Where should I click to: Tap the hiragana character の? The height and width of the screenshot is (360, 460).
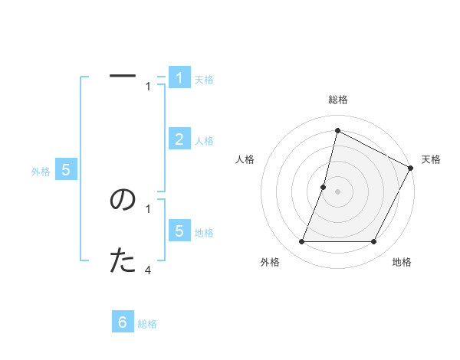pyautogui.click(x=123, y=200)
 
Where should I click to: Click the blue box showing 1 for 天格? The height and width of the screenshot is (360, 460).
pyautogui.click(x=179, y=77)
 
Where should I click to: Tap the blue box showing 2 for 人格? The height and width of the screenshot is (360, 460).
pyautogui.click(x=179, y=139)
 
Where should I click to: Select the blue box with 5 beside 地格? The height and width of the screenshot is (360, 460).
pyautogui.click(x=179, y=231)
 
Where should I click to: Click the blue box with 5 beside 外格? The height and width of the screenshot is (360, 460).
pyautogui.click(x=66, y=170)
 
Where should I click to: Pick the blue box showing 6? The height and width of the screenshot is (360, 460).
pyautogui.click(x=123, y=322)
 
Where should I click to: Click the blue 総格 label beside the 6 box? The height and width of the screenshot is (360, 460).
pyautogui.click(x=147, y=324)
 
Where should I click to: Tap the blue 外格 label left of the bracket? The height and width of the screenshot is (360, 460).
pyautogui.click(x=41, y=172)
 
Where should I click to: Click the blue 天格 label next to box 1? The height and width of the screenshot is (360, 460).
pyautogui.click(x=204, y=80)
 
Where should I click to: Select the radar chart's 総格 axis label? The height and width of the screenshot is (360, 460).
pyautogui.click(x=337, y=100)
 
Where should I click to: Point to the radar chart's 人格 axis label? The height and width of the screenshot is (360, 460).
pyautogui.click(x=245, y=159)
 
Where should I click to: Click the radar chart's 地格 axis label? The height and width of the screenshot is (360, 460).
pyautogui.click(x=402, y=262)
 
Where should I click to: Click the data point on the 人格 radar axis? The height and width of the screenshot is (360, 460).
pyautogui.click(x=324, y=187)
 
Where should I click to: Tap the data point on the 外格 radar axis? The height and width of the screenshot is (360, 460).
pyautogui.click(x=302, y=242)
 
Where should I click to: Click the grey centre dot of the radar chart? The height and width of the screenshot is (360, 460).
pyautogui.click(x=337, y=191)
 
